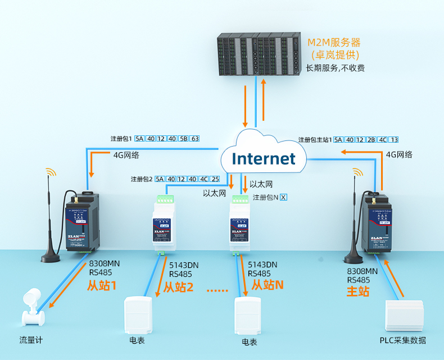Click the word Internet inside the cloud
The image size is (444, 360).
[x=264, y=158]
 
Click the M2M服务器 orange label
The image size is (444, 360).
[x=334, y=42]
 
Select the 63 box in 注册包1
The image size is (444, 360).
[x=195, y=139]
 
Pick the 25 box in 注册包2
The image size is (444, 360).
[x=215, y=179]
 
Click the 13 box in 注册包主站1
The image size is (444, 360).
[x=394, y=139]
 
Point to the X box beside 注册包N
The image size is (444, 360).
[x=283, y=197]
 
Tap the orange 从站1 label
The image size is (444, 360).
[x=101, y=286]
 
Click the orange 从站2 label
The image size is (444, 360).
[x=178, y=288]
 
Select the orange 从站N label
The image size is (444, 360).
[x=267, y=285]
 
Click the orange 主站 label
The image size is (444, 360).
[x=358, y=291]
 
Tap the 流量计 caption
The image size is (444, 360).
[x=31, y=340]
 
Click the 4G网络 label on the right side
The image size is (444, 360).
[x=399, y=154]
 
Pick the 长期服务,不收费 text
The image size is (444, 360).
[x=335, y=69]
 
